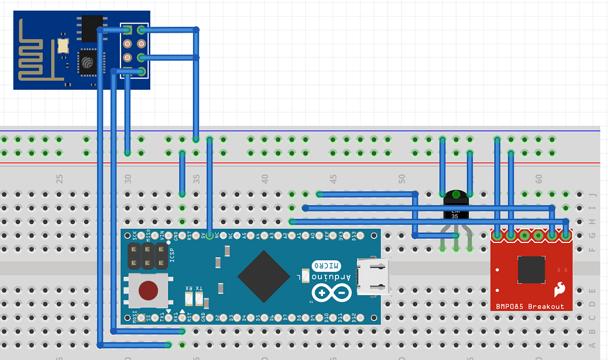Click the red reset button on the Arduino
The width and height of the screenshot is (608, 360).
tap(148, 290)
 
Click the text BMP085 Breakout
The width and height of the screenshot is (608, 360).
tap(530, 307)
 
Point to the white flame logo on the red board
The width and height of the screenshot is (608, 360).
tap(559, 289)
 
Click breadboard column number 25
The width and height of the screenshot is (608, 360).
tap(59, 178)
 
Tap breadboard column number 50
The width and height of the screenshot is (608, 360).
tap(402, 178)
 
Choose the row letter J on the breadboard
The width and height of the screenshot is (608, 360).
tap(592, 194)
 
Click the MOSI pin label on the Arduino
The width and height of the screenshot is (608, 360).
tap(134, 317)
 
